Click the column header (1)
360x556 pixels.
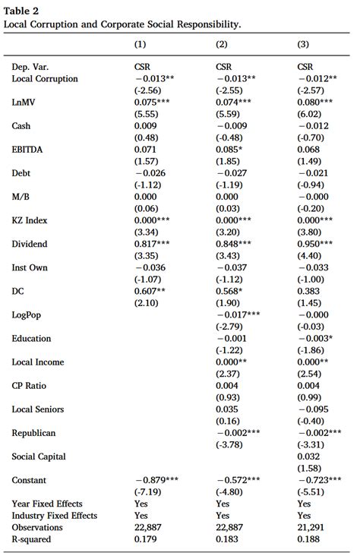pos(141,44)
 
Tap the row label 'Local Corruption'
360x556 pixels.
pos(45,78)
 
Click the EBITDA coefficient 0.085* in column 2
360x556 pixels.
pos(229,150)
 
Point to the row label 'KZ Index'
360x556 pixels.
pos(30,220)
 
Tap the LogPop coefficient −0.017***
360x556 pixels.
pos(238,314)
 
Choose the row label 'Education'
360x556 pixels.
pos(31,338)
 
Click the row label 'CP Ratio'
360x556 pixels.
pos(30,385)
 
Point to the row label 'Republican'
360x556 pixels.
pos(33,432)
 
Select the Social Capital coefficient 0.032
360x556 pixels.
pos(305,456)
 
